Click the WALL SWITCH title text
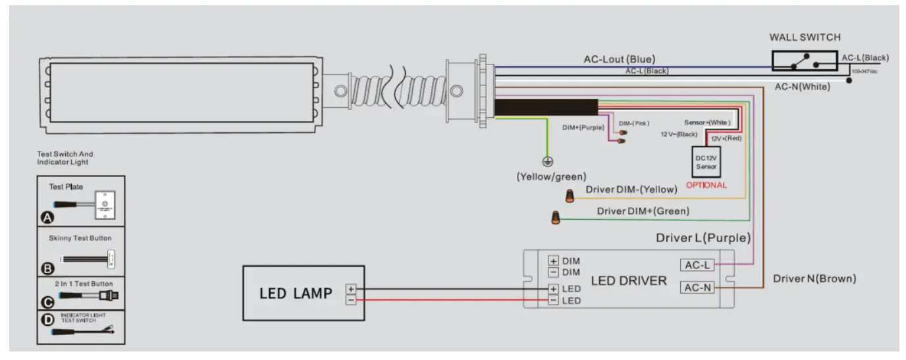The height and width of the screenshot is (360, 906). tap(805, 38)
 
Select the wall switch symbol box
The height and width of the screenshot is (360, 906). tap(805, 61)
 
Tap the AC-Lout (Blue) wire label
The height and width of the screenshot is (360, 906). tap(619, 59)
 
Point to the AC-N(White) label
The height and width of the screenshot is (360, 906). tap(802, 87)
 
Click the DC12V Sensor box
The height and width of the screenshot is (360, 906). tap(706, 162)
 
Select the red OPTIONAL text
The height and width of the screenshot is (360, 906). tap(706, 185)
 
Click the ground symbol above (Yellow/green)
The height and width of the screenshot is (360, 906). tap(546, 161)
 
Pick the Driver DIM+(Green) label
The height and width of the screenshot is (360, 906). tap(643, 211)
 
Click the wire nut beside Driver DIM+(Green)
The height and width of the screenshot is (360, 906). tap(556, 217)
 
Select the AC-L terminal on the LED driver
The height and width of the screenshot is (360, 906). tap(697, 265)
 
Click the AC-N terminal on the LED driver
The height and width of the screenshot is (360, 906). tap(697, 288)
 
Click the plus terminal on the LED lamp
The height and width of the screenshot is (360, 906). tap(351, 288)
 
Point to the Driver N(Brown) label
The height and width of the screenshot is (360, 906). tap(814, 279)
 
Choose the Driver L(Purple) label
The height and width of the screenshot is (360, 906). tap(703, 238)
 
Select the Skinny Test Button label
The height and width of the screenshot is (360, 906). tap(80, 238)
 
